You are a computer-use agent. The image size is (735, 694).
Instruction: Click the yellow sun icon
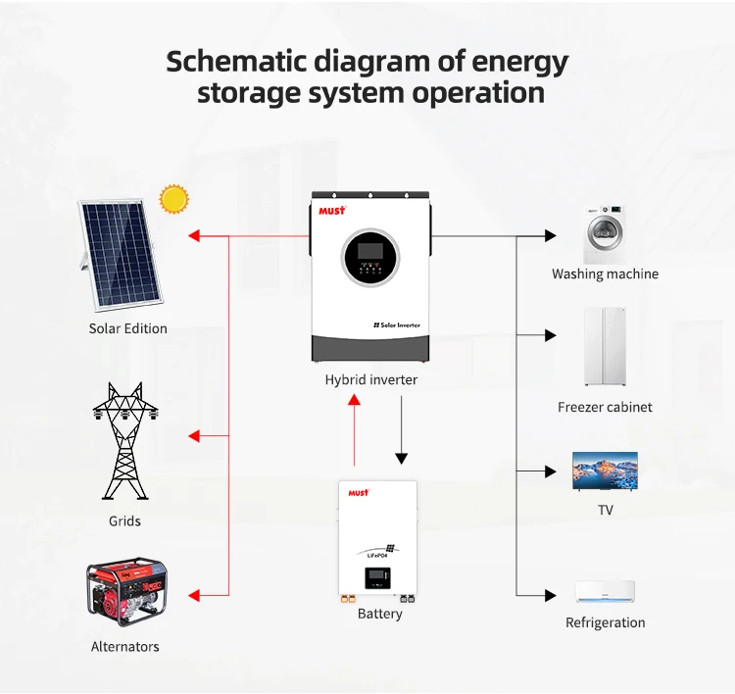point(174,199)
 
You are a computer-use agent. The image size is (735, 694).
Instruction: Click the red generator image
point(124,593)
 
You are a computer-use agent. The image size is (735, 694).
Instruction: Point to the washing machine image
point(605,234)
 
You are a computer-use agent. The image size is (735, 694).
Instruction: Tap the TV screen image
point(605,471)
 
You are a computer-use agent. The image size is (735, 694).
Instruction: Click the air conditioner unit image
point(605,592)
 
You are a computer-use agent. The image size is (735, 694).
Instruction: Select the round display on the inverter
point(370,259)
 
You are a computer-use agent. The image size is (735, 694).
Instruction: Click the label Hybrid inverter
point(370,379)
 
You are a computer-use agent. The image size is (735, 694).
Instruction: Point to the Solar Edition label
point(127,328)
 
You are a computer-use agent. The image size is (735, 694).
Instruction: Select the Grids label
point(124,521)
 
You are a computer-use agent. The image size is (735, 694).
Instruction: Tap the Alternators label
point(124,647)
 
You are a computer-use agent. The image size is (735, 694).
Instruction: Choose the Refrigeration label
point(605,622)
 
